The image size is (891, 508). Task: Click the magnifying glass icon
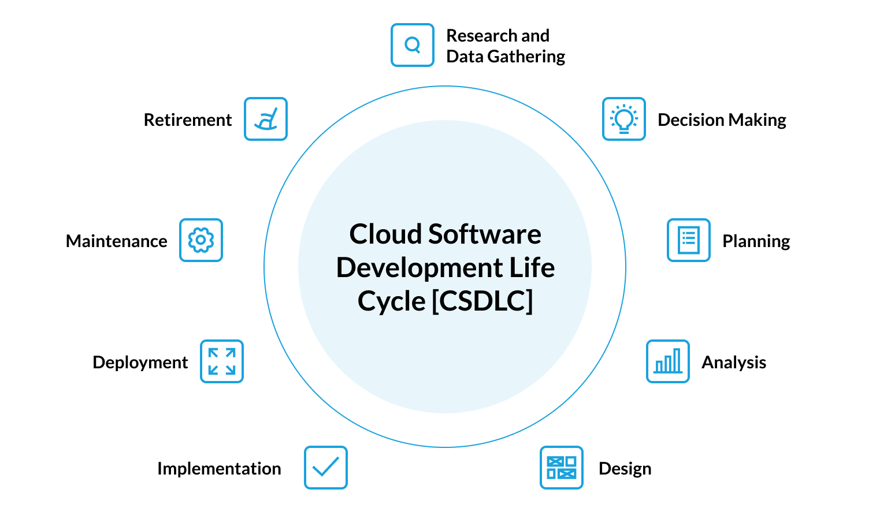pyautogui.click(x=412, y=45)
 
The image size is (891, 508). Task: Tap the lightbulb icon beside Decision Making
pyautogui.click(x=623, y=119)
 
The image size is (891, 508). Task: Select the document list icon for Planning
pyautogui.click(x=688, y=240)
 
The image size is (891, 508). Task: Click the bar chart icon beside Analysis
pyautogui.click(x=667, y=361)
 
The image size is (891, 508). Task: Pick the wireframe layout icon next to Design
pyautogui.click(x=561, y=468)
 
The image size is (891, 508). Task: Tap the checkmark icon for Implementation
pyautogui.click(x=325, y=468)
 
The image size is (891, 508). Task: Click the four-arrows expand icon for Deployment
pyautogui.click(x=221, y=361)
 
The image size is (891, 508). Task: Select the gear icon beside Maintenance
pyautogui.click(x=201, y=240)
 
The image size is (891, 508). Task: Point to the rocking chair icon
pyautogui.click(x=265, y=119)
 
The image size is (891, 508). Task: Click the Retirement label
pyautogui.click(x=187, y=120)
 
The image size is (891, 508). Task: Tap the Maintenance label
pyautogui.click(x=116, y=241)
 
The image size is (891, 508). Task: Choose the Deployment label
pyautogui.click(x=140, y=363)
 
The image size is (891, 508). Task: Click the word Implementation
pyautogui.click(x=219, y=469)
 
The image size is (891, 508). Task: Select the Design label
pyautogui.click(x=625, y=469)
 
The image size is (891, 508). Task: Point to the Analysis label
pyautogui.click(x=733, y=363)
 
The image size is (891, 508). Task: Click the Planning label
pyautogui.click(x=756, y=241)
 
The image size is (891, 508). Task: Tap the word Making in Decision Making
pyautogui.click(x=757, y=120)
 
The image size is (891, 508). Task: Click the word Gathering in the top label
pyautogui.click(x=526, y=57)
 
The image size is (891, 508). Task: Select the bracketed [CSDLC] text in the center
pyautogui.click(x=482, y=301)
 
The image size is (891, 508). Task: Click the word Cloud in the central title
pyautogui.click(x=385, y=234)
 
